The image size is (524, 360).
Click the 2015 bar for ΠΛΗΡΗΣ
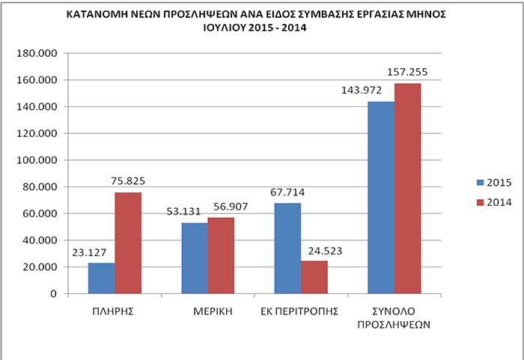click(x=101, y=278)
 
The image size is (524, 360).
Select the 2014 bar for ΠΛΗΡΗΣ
click(x=128, y=242)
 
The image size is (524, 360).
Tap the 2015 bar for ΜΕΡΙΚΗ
click(x=195, y=257)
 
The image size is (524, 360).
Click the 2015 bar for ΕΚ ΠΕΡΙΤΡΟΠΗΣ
click(x=287, y=248)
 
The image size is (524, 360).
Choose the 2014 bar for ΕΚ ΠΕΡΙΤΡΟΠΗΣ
click(x=314, y=277)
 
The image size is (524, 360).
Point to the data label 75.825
click(x=128, y=181)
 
